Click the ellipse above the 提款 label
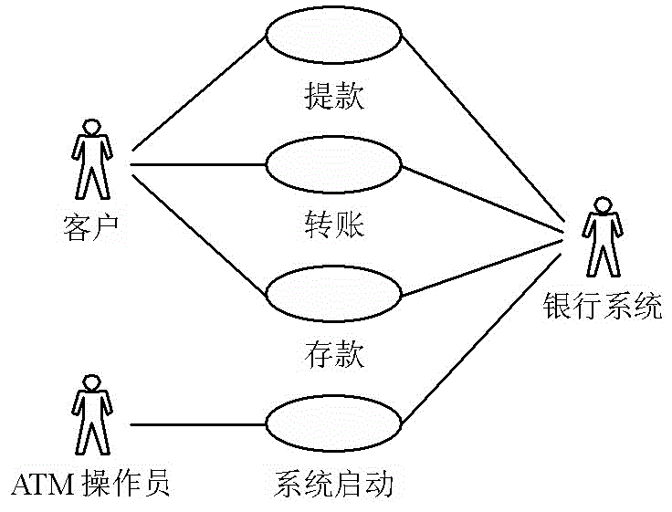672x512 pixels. pyautogui.click(x=333, y=36)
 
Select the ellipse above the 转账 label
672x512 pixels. pyautogui.click(x=333, y=165)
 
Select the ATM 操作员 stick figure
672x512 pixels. pyautogui.click(x=90, y=414)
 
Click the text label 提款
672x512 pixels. pyautogui.click(x=333, y=95)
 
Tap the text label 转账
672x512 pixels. pyautogui.click(x=333, y=224)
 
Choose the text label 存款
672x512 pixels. pyautogui.click(x=333, y=354)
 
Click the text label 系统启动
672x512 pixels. pyautogui.click(x=333, y=483)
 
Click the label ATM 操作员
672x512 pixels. pyautogui.click(x=90, y=483)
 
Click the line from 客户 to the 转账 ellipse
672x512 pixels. pyautogui.click(x=198, y=165)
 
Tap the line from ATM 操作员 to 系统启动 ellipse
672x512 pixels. pyautogui.click(x=198, y=424)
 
